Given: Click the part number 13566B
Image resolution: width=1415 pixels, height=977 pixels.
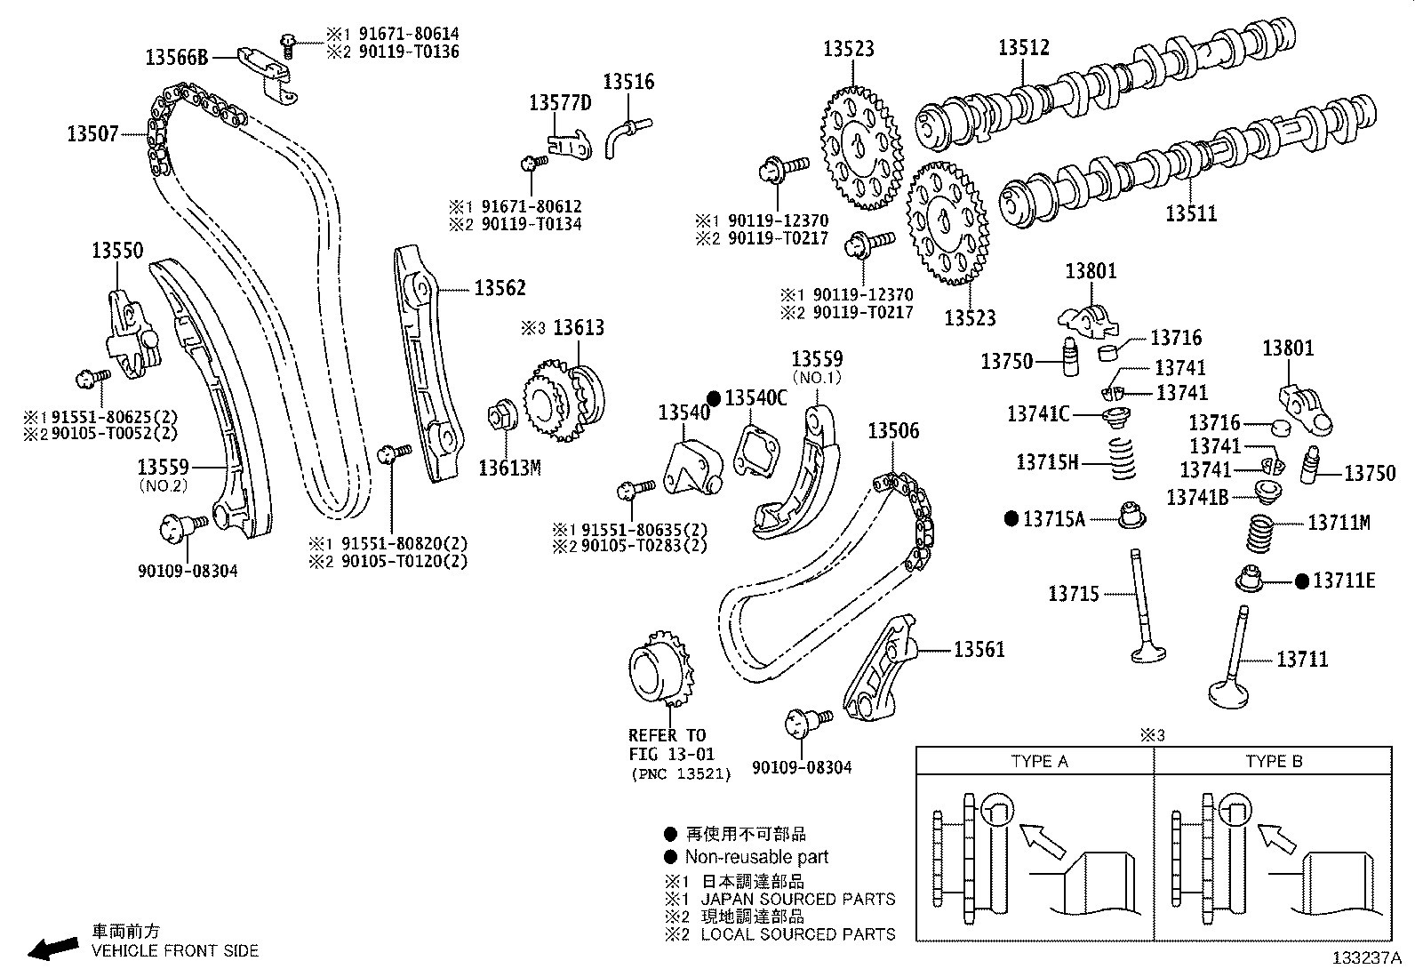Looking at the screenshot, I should tap(176, 59).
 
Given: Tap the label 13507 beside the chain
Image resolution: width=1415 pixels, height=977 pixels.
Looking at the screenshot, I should tap(92, 135).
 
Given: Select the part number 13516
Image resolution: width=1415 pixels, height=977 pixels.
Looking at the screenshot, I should tap(628, 82).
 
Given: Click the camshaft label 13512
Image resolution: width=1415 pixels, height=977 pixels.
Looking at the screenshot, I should tap(1023, 48).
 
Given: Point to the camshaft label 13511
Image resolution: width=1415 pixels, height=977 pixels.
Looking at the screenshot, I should tap(1191, 213).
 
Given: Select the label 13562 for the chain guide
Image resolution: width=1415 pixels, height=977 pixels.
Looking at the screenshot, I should tap(500, 288).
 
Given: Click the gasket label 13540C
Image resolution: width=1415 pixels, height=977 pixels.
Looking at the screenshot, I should tap(755, 398).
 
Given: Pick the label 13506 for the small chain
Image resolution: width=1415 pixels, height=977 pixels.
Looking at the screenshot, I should tap(893, 432).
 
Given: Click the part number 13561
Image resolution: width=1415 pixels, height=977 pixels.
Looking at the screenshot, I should tap(979, 650).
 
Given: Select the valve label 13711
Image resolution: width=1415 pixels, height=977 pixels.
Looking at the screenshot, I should tap(1302, 660).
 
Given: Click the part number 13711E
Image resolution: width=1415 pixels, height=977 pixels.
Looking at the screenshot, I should tap(1344, 581).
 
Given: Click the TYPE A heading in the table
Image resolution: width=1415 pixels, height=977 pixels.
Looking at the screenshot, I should tap(1039, 762).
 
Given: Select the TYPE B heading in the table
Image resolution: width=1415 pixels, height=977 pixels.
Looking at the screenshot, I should tap(1274, 762).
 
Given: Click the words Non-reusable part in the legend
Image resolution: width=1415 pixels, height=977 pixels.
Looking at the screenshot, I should tap(756, 857).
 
